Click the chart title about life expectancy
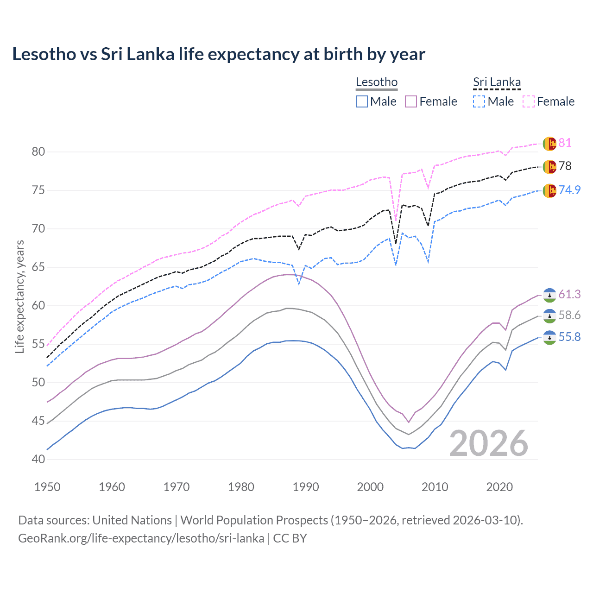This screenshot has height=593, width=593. [218, 54]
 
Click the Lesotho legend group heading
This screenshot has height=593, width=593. [376, 82]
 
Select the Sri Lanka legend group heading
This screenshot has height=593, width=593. [497, 82]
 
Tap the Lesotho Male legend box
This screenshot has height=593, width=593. [362, 101]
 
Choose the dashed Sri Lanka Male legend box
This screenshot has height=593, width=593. [479, 101]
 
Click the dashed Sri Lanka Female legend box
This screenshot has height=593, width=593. [529, 101]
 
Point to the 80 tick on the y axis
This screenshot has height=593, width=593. [38, 152]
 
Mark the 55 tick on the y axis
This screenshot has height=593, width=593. [38, 344]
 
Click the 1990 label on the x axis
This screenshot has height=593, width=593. [306, 487]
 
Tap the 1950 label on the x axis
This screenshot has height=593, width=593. [47, 487]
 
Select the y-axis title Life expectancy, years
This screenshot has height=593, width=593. [19, 296]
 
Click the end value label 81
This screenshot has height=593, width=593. [565, 143]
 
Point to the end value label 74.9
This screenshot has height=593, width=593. [569, 190]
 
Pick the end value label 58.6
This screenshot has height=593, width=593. [569, 315]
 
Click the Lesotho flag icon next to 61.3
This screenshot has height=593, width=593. [549, 295]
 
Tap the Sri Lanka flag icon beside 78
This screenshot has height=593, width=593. [549, 166]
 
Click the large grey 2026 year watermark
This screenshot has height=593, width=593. [488, 444]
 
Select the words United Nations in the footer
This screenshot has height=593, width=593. [132, 520]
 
